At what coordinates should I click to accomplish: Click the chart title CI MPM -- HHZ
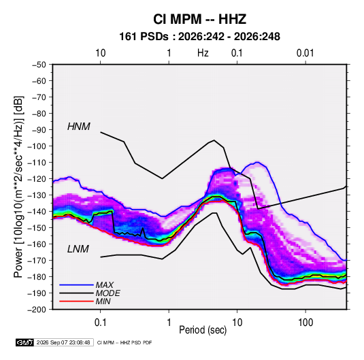[199, 19]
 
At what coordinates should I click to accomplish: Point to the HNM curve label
[79, 127]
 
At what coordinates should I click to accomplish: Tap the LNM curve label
[78, 249]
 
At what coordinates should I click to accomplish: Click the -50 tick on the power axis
[39, 65]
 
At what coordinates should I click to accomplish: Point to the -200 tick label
[37, 310]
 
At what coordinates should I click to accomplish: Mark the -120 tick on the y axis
[37, 179]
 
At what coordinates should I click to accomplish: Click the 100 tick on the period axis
[305, 322]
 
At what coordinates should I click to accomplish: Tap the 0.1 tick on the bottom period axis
[100, 322]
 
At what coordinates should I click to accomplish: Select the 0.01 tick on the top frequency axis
[305, 53]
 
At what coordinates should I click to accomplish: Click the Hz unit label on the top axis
[203, 53]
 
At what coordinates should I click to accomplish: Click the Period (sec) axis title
[203, 330]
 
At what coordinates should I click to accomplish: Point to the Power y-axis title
[18, 187]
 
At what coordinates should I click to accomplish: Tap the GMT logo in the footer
[25, 342]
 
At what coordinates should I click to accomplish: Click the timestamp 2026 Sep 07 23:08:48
[63, 342]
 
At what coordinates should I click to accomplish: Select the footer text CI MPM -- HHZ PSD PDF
[125, 342]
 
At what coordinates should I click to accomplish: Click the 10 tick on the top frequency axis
[101, 53]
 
